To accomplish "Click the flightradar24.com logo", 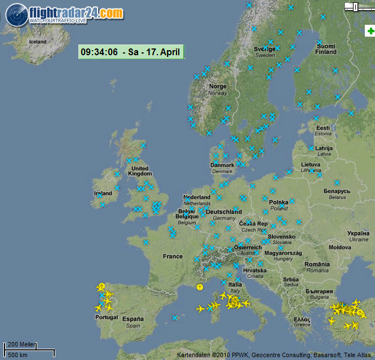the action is click(64, 14).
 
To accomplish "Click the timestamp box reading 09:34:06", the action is click(131, 52).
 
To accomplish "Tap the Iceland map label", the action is click(37, 42).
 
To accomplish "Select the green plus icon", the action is click(370, 32).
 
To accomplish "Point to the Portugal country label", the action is click(106, 317).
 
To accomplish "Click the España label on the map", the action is click(133, 319).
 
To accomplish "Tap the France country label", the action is click(173, 256).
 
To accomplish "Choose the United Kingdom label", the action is click(139, 171).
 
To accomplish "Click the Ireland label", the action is click(103, 193).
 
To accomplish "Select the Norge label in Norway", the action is click(218, 87).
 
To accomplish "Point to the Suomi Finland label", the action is click(325, 49).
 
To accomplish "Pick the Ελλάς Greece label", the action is click(302, 321).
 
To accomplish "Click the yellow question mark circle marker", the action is click(200, 287).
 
